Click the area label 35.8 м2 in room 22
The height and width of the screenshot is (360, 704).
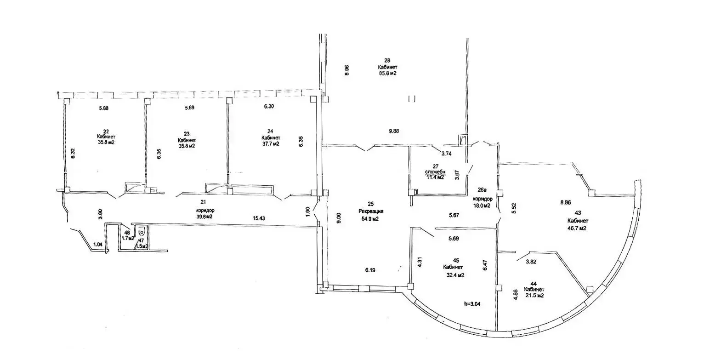click(x=106, y=143)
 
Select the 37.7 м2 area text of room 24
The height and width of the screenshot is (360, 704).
click(x=271, y=143)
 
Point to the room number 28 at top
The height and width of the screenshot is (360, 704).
click(x=387, y=60)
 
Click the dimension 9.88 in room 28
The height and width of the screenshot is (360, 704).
click(x=393, y=131)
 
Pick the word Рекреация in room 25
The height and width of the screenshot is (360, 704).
click(x=371, y=211)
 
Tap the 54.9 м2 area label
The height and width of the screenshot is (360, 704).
click(x=369, y=219)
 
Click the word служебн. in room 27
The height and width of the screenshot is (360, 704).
click(x=434, y=172)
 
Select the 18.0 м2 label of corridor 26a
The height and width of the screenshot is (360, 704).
click(x=482, y=206)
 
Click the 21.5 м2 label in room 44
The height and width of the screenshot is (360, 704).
click(x=535, y=296)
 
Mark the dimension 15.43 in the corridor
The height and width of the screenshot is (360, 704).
click(x=258, y=218)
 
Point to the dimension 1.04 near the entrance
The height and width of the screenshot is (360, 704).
click(x=98, y=245)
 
